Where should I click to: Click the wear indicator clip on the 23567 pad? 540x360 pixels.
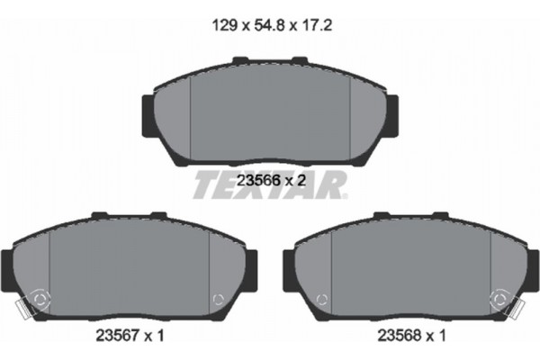point(33,302)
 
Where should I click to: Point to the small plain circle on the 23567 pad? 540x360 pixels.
point(216,300)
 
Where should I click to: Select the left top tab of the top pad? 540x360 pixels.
point(241,62)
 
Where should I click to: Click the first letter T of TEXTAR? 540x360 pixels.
point(204,185)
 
